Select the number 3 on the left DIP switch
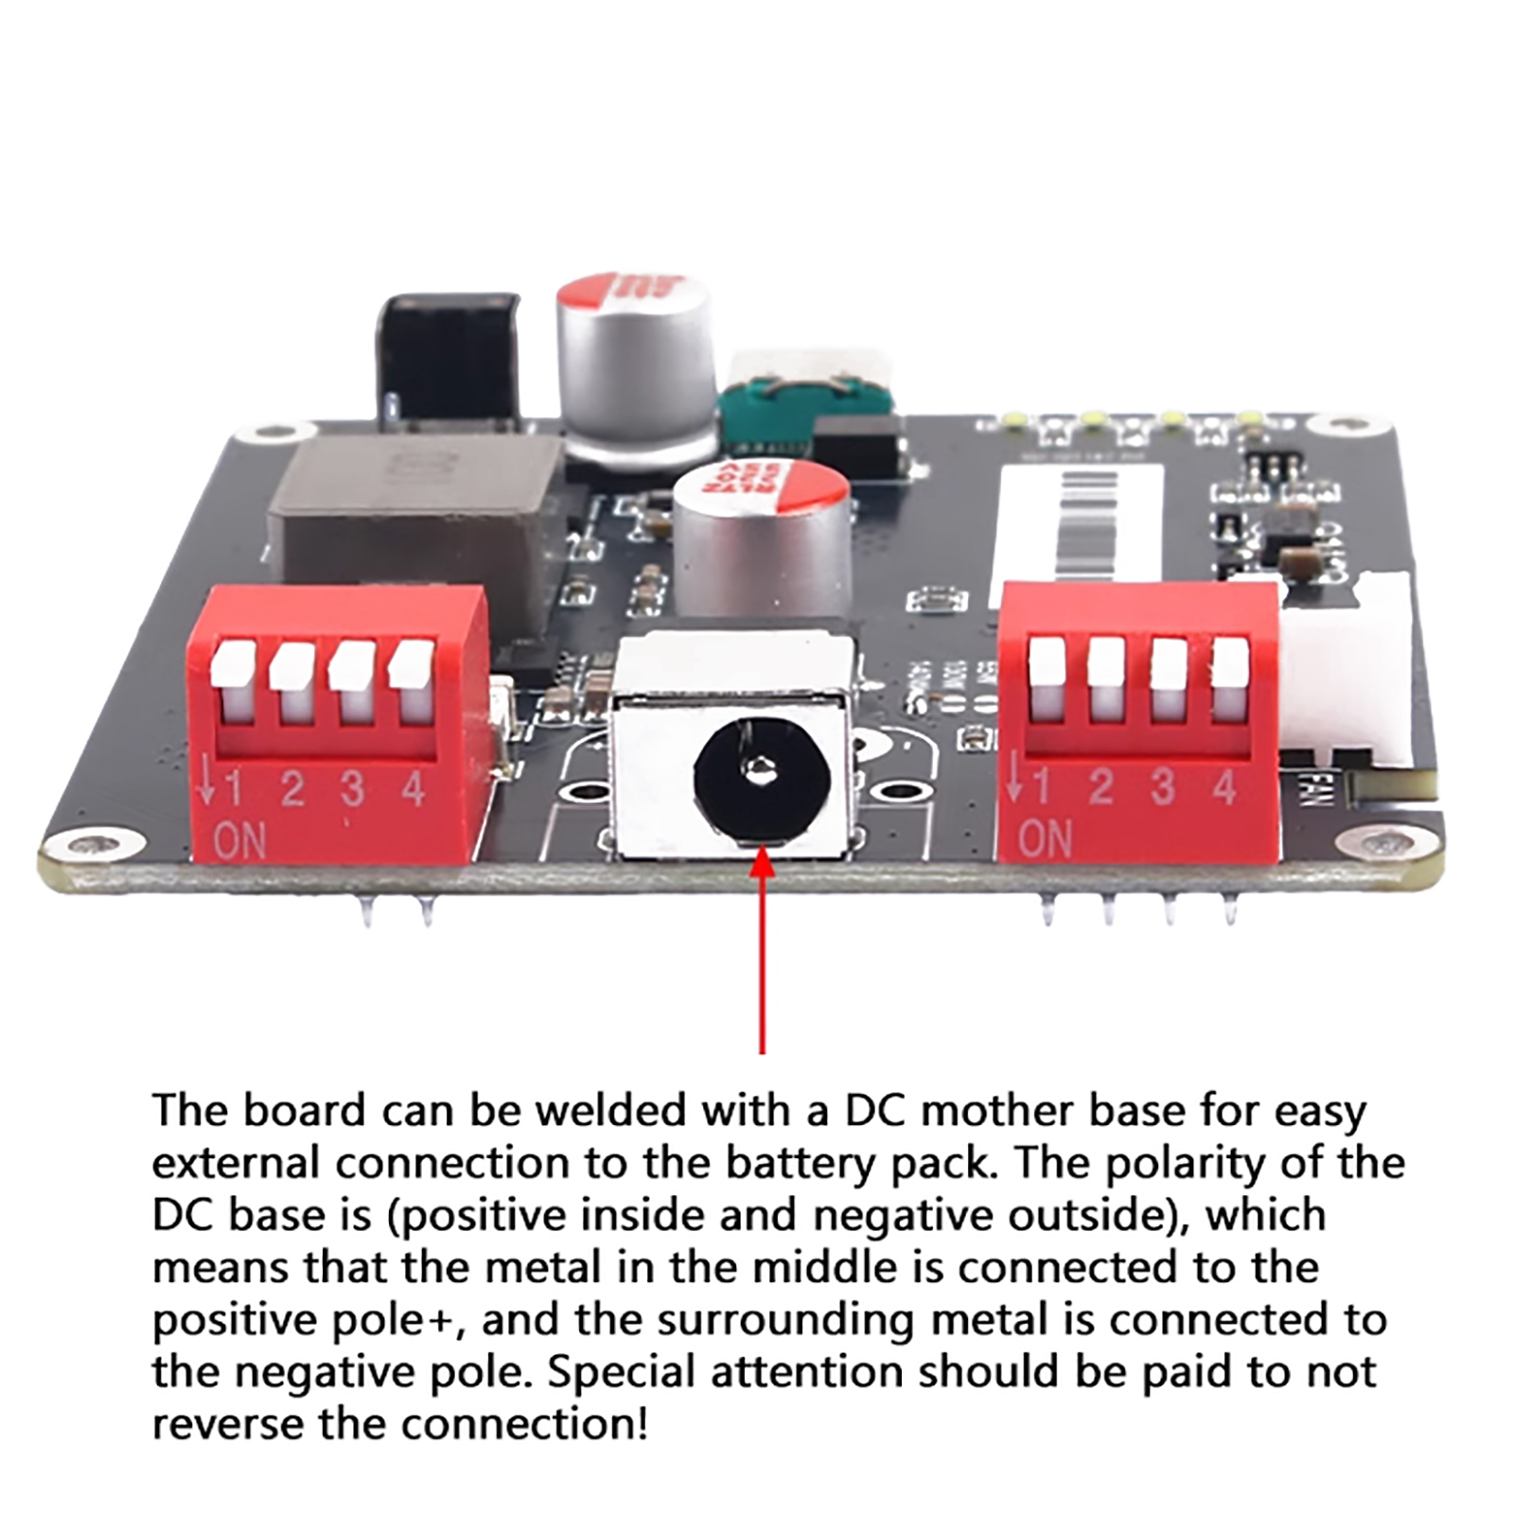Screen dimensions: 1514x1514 352,788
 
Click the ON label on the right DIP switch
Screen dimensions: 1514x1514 1046,838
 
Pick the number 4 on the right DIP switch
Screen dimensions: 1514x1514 1224,786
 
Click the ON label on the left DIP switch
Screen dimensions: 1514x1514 239,840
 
